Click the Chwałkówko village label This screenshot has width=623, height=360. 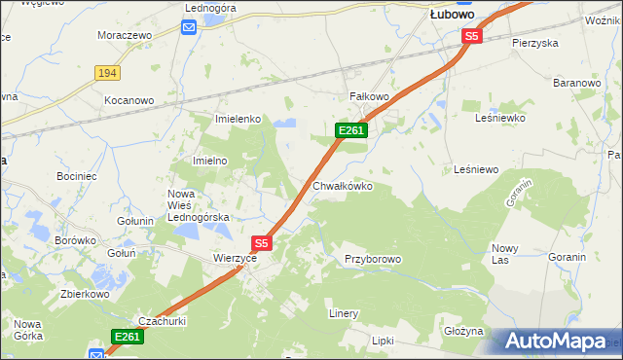click(x=342, y=186)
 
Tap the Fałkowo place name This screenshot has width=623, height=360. click(x=369, y=97)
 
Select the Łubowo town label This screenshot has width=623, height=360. click(x=452, y=15)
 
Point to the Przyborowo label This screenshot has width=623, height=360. click(x=372, y=259)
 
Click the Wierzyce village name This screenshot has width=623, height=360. click(x=235, y=259)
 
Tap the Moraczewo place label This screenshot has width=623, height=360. click(x=126, y=35)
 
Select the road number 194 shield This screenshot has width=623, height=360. click(x=107, y=73)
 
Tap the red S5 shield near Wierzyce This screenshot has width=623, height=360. click(x=261, y=242)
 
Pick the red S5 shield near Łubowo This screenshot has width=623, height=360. click(x=472, y=36)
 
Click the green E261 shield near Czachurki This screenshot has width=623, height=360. click(x=127, y=337)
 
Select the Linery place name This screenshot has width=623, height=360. click(x=344, y=314)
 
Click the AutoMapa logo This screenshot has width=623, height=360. click(x=556, y=342)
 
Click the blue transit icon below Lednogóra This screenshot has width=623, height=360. click(x=190, y=27)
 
